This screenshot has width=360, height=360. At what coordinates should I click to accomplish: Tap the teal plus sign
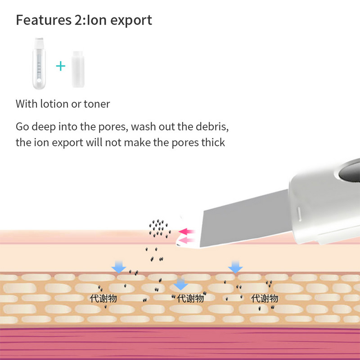pyautogui.click(x=60, y=67)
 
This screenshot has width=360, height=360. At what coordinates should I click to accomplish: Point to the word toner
pyautogui.click(x=97, y=104)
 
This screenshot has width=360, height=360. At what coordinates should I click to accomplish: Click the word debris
pyautogui.click(x=211, y=126)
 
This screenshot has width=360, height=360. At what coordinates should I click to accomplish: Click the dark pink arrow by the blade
pyautogui.click(x=185, y=232)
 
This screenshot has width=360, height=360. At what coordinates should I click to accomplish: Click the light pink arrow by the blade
pyautogui.click(x=185, y=241)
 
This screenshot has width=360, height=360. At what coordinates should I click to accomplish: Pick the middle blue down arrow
pyautogui.click(x=180, y=283)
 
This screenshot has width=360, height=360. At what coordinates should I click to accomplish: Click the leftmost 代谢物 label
pyautogui.click(x=103, y=298)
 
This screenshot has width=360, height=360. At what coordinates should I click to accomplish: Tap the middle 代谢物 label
pyautogui.click(x=190, y=298)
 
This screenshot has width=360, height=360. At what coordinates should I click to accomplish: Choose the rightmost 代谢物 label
pyautogui.click(x=265, y=298)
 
